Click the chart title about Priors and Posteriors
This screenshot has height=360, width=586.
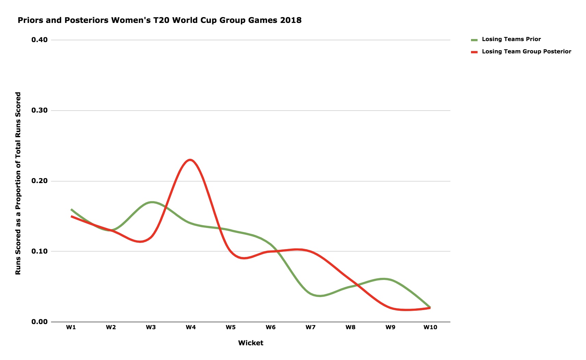pos(160,21)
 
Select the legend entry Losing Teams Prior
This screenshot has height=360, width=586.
pos(511,39)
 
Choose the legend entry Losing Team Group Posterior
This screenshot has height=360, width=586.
pos(526,52)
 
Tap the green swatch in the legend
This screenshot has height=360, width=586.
pos(474,40)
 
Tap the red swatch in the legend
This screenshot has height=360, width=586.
pos(474,52)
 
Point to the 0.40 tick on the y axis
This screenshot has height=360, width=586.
pos(39,40)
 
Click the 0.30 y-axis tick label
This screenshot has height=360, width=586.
pos(39,111)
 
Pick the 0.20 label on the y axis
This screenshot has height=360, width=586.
pos(39,181)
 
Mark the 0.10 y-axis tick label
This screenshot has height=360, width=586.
pos(39,252)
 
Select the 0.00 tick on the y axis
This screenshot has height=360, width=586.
pos(39,322)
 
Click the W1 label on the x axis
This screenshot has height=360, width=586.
pos(71,327)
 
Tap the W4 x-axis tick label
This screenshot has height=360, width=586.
pos(191,327)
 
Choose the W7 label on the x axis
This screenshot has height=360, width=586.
pos(310,327)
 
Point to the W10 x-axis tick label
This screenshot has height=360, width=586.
pos(430,327)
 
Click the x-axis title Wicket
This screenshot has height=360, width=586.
pos(251,343)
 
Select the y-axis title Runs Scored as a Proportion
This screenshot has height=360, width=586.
pos(18,183)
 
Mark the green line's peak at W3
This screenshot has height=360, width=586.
pos(152,202)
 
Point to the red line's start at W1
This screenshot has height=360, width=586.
pos(71,216)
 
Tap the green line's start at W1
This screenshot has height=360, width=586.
pos(71,209)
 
